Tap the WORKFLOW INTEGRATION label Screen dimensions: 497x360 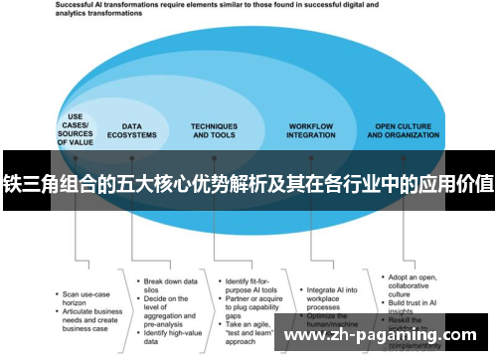tap(311, 130)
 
